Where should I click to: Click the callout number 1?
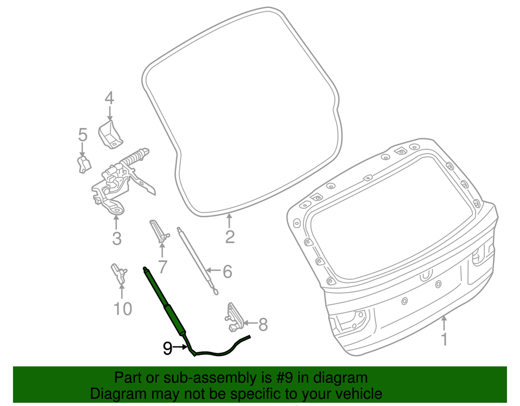coord(444,340)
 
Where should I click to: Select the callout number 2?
coord(230,237)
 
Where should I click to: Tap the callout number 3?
coord(116,238)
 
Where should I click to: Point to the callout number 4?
coord(109,98)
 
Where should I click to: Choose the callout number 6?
coord(227,271)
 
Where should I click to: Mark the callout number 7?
coord(162,266)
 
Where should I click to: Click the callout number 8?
coord(263,325)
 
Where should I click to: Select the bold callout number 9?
coord(168,349)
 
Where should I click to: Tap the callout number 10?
coord(123,309)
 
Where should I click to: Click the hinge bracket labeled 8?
coord(233,317)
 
